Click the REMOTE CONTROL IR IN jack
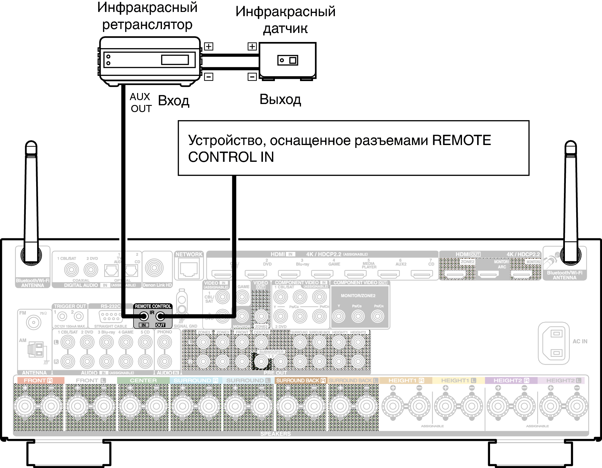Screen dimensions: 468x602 click(x=144, y=316)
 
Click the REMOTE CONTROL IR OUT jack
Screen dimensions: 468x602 click(x=160, y=316)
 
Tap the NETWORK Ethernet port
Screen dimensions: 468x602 click(x=189, y=269)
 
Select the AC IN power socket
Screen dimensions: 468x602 click(x=554, y=343)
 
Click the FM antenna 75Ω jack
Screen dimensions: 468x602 click(x=34, y=322)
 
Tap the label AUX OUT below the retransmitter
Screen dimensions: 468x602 click(x=141, y=103)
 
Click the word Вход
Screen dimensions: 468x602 click(x=174, y=101)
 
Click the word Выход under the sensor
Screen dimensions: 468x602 click(x=280, y=99)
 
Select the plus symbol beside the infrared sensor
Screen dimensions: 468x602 click(x=252, y=47)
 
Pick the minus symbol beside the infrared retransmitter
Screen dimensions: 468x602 click(x=209, y=77)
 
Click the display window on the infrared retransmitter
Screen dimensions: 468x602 click(x=175, y=60)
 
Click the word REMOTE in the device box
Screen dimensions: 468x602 click(x=461, y=140)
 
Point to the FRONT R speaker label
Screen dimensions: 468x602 click(x=38, y=380)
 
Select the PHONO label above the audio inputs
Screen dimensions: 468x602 click(x=165, y=332)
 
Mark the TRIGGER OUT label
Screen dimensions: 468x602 click(x=70, y=306)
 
